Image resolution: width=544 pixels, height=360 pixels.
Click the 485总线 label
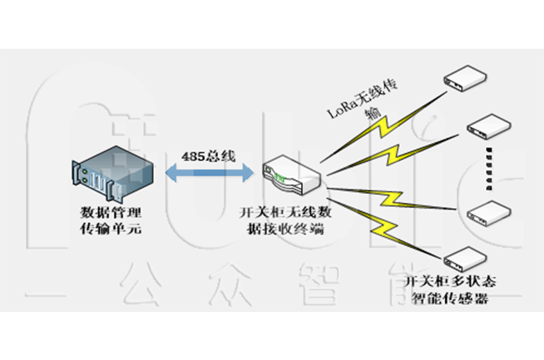[208, 155]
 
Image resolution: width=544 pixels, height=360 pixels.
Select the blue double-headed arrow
[208, 172]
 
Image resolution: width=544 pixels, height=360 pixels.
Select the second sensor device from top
[488, 126]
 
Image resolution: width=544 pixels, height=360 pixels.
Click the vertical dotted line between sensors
[488, 168]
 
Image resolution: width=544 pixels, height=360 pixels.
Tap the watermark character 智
[324, 285]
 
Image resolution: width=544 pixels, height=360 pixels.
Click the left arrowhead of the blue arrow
[170, 172]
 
